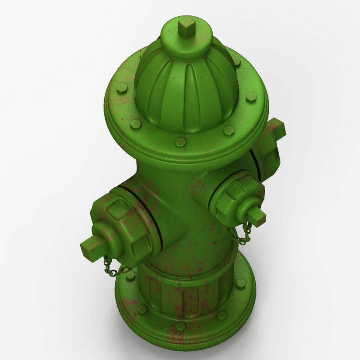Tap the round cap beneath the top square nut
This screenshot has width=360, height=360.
[x=187, y=43]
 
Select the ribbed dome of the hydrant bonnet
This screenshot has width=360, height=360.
[x=187, y=93]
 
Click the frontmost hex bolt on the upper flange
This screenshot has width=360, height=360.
[x=180, y=142]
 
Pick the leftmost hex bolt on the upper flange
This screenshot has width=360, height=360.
[x=122, y=88]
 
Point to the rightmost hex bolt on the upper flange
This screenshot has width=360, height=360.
[x=251, y=97]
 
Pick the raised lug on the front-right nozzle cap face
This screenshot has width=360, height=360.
[x=236, y=191]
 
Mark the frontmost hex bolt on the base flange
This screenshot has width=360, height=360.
[x=180, y=326]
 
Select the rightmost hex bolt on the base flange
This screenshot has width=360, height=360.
[x=241, y=284]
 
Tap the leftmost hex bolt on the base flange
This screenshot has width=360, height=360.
[x=130, y=276]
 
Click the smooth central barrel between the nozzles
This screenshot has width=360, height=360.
[x=187, y=207]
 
